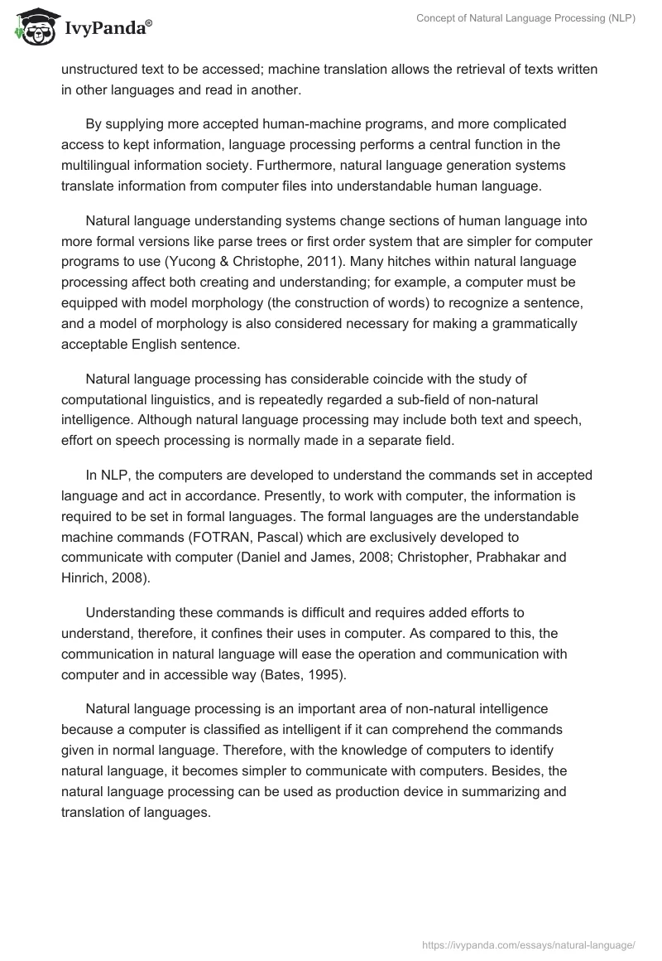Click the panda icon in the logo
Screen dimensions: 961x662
(34, 27)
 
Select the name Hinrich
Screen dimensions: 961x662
(84, 577)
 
